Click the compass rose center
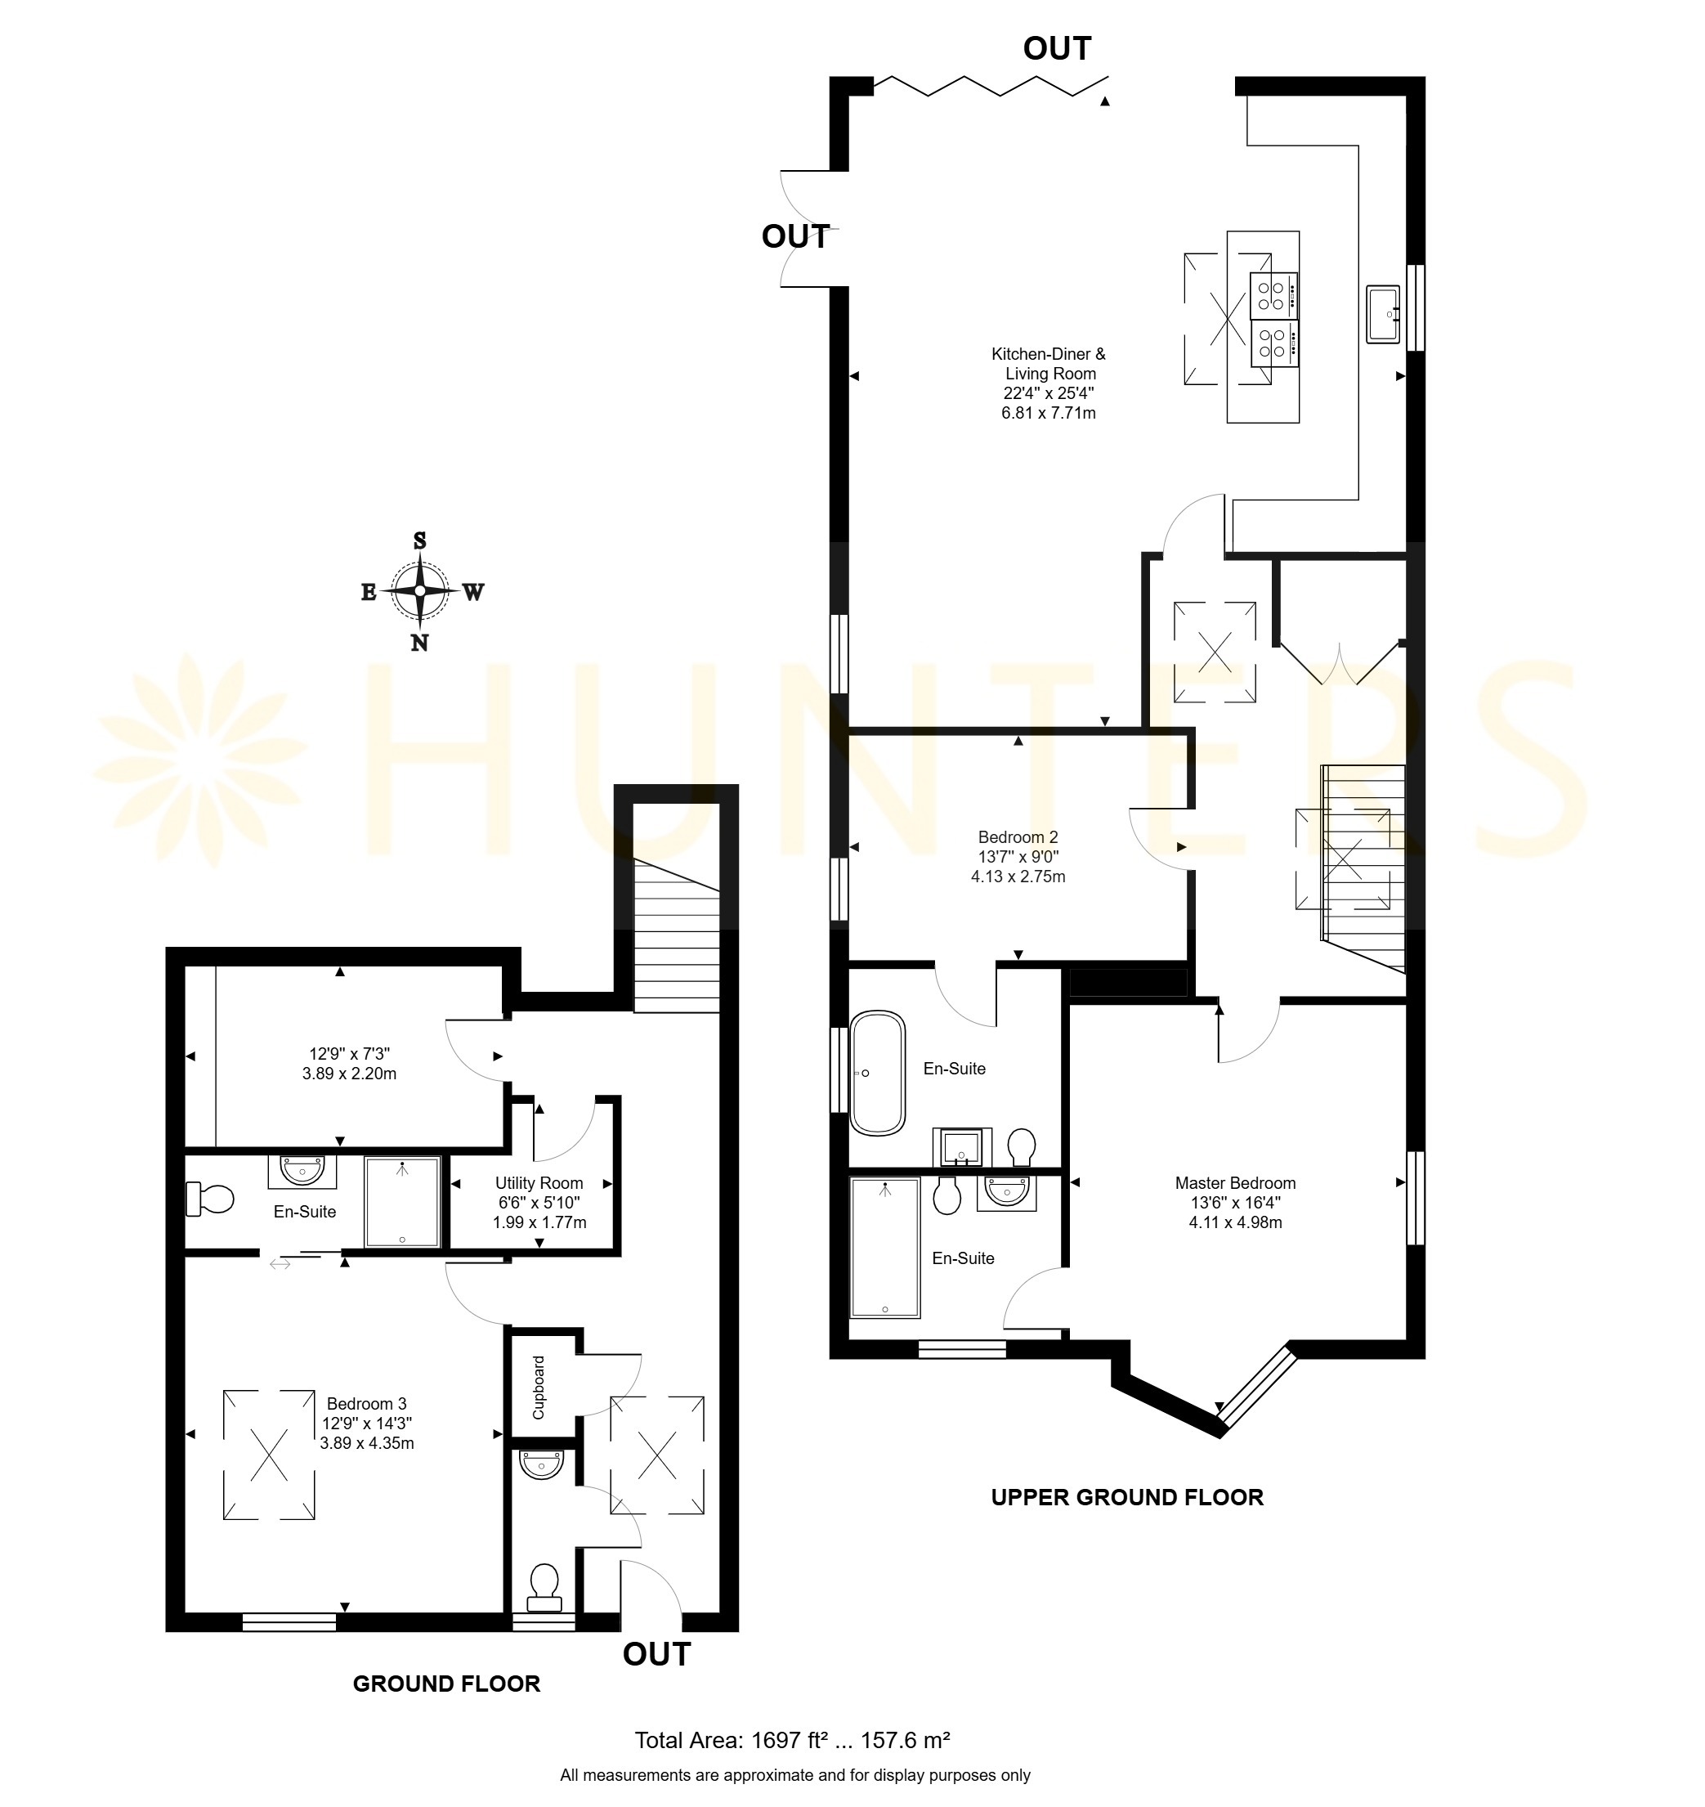pos(420,591)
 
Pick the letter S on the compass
pos(420,540)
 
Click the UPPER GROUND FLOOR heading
pos(1127,1497)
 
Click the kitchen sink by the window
pos(1382,314)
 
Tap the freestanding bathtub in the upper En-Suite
pos(877,1074)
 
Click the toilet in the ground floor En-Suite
pos(209,1198)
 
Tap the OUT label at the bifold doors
pos(1057,48)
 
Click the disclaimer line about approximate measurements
pos(795,1774)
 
